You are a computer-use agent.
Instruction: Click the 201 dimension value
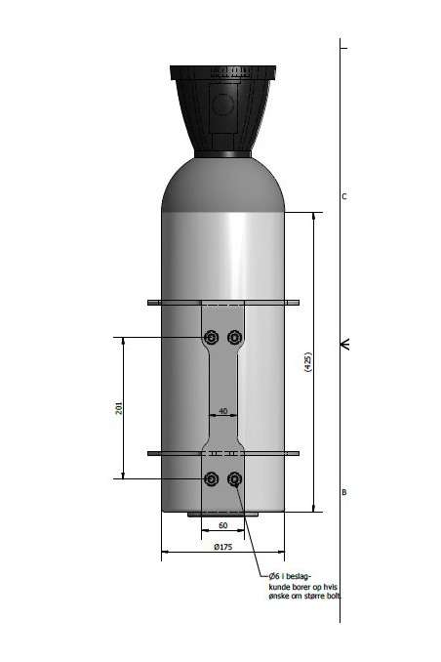[119, 408]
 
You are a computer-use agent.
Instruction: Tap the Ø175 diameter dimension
[223, 547]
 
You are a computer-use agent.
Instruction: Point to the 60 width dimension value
[222, 525]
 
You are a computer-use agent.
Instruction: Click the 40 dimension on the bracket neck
[223, 412]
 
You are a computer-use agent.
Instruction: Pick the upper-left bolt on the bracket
[211, 337]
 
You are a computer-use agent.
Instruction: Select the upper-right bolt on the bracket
[234, 337]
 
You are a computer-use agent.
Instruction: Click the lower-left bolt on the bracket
[211, 478]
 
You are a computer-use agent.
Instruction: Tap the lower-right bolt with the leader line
[234, 478]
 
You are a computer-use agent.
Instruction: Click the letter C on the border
[343, 196]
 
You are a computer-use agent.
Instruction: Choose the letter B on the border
[343, 493]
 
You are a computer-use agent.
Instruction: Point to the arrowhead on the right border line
[343, 344]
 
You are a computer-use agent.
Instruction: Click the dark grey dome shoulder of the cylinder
[223, 186]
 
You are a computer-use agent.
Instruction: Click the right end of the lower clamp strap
[295, 453]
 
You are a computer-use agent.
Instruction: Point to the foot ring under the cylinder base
[223, 514]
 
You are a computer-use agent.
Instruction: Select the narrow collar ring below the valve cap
[223, 154]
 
